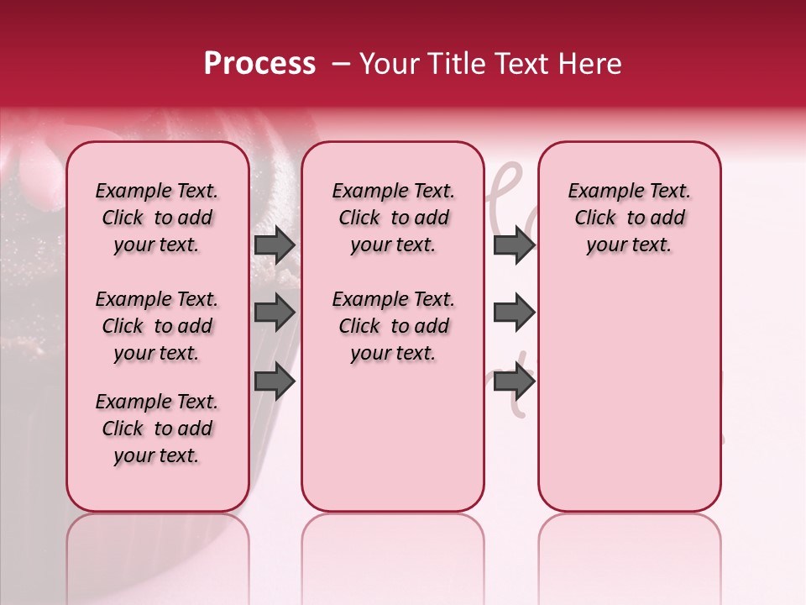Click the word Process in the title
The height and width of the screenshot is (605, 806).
pyautogui.click(x=259, y=64)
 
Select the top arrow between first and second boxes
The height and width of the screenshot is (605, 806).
pyautogui.click(x=275, y=245)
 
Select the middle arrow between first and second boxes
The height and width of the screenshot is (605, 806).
pyautogui.click(x=275, y=313)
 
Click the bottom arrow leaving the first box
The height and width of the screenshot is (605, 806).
pyautogui.click(x=275, y=381)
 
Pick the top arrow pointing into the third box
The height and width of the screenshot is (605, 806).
pyautogui.click(x=514, y=245)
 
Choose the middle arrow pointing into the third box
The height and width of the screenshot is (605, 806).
pyautogui.click(x=514, y=313)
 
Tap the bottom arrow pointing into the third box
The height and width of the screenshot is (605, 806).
pyautogui.click(x=514, y=381)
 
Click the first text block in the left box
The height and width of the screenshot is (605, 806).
pyautogui.click(x=157, y=218)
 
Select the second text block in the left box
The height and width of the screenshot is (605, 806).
pyautogui.click(x=157, y=326)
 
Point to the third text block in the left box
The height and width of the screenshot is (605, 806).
pyautogui.click(x=157, y=429)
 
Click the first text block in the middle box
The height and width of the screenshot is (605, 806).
pyautogui.click(x=393, y=218)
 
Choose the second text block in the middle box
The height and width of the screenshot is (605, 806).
pyautogui.click(x=393, y=326)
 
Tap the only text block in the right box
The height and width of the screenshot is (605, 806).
pyautogui.click(x=629, y=218)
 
